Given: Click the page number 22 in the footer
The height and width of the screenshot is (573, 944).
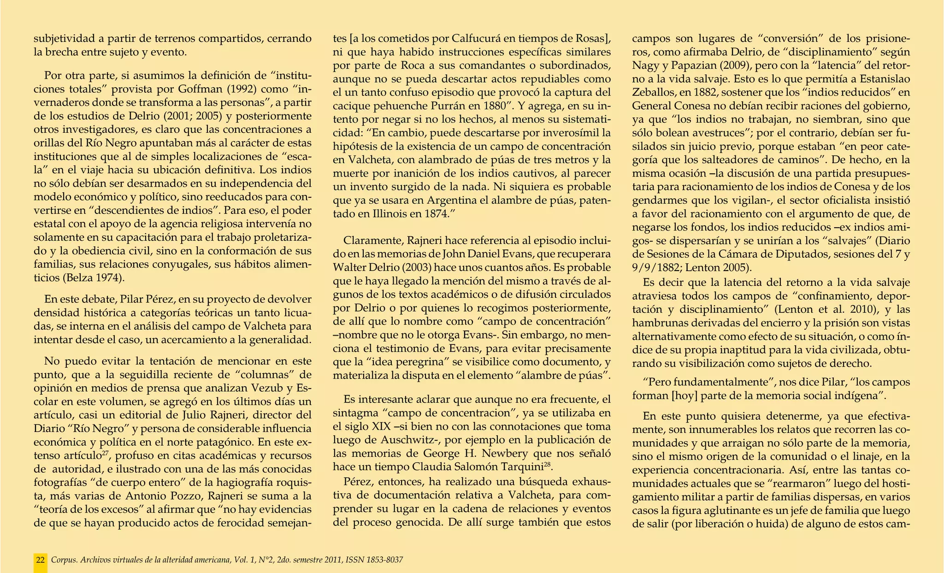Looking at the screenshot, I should [x=41, y=560].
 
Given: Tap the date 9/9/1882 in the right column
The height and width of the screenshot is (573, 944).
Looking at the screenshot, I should [x=660, y=267].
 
